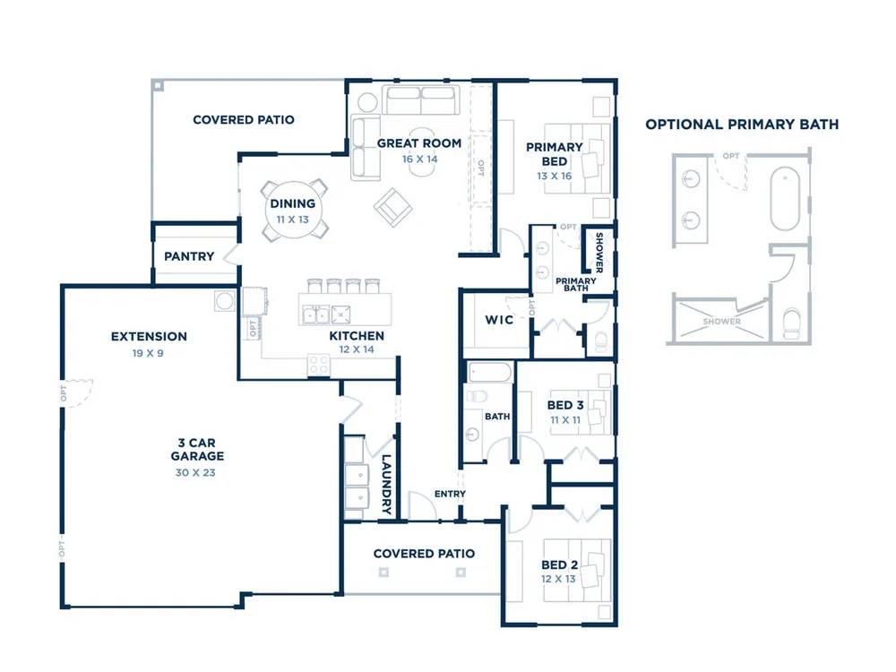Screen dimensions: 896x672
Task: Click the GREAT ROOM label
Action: (418, 143)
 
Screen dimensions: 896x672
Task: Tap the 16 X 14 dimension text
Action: (419, 159)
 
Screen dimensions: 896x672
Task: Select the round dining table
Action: (294, 211)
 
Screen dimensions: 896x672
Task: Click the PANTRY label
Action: (189, 256)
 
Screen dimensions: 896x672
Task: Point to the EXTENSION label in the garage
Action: (149, 337)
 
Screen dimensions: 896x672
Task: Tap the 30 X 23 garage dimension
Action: (195, 472)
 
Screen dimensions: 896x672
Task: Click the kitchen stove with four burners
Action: (319, 365)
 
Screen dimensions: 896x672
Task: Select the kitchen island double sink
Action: (315, 314)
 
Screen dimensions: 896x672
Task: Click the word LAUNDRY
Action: (386, 485)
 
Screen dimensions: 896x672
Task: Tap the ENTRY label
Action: (450, 494)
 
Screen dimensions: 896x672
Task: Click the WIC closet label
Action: (499, 320)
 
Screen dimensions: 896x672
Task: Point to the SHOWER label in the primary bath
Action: (599, 253)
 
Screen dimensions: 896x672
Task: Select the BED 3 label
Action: (565, 405)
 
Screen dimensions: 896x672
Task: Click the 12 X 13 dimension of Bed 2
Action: (558, 579)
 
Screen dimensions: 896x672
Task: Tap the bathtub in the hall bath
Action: (490, 373)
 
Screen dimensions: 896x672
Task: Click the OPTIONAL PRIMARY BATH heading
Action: (742, 125)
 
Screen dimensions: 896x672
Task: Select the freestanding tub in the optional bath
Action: (785, 198)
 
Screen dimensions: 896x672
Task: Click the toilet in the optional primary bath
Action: (792, 324)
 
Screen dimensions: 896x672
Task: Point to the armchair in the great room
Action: (393, 208)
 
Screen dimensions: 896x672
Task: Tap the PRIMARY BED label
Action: (555, 154)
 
